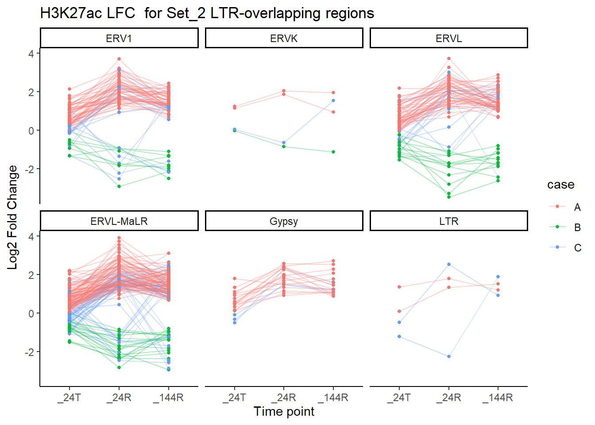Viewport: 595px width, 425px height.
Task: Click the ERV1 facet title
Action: point(119,39)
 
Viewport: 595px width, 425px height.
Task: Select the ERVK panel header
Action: point(284,39)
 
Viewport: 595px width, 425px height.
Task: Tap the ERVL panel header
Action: point(448,39)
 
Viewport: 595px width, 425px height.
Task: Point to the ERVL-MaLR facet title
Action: point(119,221)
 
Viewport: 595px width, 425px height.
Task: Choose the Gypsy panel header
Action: point(284,221)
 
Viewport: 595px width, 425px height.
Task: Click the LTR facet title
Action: point(448,221)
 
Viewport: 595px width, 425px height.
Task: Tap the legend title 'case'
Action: point(560,185)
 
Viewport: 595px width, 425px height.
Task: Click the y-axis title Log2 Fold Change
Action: point(12,217)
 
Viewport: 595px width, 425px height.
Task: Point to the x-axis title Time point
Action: point(284,412)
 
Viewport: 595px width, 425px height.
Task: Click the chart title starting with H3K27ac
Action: point(207,13)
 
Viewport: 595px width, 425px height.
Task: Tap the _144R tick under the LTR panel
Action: point(498,398)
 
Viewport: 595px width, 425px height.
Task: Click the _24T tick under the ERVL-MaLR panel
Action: point(70,398)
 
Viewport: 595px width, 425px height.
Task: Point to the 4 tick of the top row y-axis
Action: point(31,54)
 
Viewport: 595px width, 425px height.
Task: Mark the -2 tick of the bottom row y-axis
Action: point(29,352)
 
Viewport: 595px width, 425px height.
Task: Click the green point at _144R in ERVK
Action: point(333,152)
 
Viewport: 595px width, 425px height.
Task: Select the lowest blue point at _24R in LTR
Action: point(449,356)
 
